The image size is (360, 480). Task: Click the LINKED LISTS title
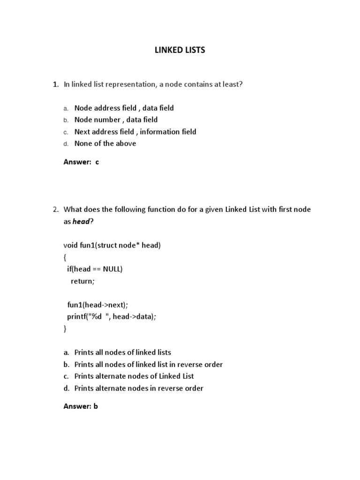[180, 50]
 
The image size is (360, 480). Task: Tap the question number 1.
[55, 84]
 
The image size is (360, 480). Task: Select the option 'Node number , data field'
[116, 120]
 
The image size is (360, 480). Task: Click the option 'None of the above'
[105, 143]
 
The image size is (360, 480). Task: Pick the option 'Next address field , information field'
[135, 132]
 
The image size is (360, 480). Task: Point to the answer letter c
[97, 162]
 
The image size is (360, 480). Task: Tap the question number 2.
[55, 210]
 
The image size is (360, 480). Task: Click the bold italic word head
[81, 222]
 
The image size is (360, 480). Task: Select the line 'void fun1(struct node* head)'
[112, 245]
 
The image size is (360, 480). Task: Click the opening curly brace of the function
[65, 257]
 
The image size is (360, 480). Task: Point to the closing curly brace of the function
[65, 329]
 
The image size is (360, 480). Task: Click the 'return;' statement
[82, 281]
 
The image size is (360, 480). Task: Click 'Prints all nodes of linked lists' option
[122, 352]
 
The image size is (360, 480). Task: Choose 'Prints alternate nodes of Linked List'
[134, 376]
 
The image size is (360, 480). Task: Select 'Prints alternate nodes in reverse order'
[139, 388]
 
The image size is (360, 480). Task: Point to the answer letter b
[95, 406]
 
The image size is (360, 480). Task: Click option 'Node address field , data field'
[124, 108]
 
